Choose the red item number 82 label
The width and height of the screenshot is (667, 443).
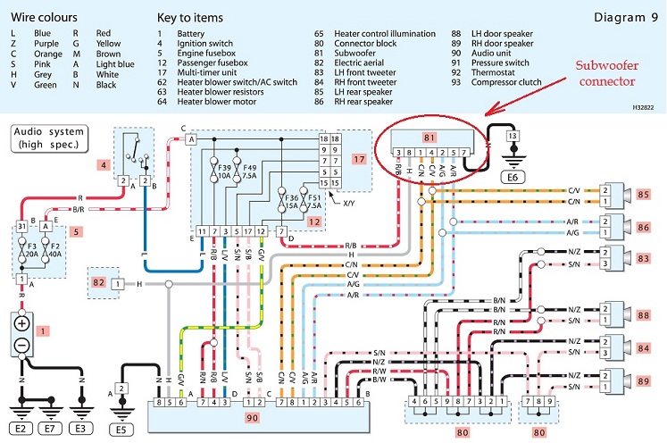pyautogui.click(x=98, y=283)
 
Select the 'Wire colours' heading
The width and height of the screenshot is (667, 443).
pyautogui.click(x=45, y=17)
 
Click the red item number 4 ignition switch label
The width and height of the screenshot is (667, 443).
pyautogui.click(x=104, y=164)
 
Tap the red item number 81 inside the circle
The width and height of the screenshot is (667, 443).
pyautogui.click(x=426, y=137)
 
